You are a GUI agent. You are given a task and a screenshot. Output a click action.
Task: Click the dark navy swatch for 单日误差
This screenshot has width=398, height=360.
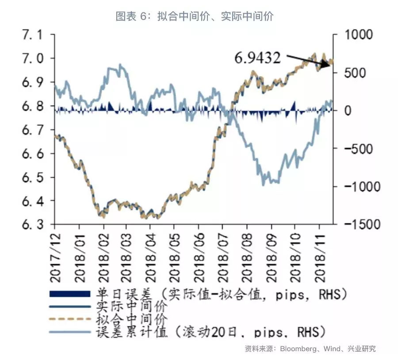pyautogui.click(x=71, y=294)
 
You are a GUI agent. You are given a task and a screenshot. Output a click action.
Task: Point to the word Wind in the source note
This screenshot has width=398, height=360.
pyautogui.click(x=332, y=349)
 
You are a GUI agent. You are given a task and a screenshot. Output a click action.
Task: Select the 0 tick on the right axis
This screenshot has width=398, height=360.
pyautogui.click(x=348, y=111)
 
